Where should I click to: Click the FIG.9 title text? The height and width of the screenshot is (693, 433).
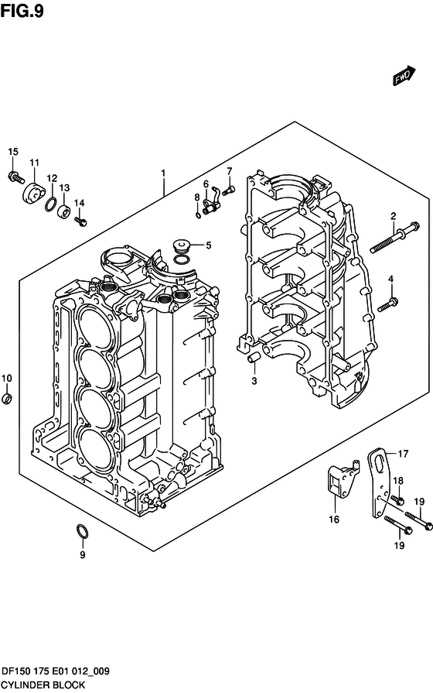click(x=22, y=11)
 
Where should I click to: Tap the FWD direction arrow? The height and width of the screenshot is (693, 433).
click(x=403, y=76)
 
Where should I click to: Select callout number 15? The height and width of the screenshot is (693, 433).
click(x=13, y=152)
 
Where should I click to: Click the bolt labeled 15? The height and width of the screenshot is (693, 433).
click(x=16, y=177)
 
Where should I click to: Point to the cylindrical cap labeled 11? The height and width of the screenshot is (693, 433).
click(x=33, y=194)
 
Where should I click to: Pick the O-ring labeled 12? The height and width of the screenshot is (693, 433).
click(x=51, y=204)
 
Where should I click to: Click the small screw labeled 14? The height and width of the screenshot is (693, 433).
click(x=80, y=221)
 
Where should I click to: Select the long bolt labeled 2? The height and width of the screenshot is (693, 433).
click(x=395, y=237)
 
